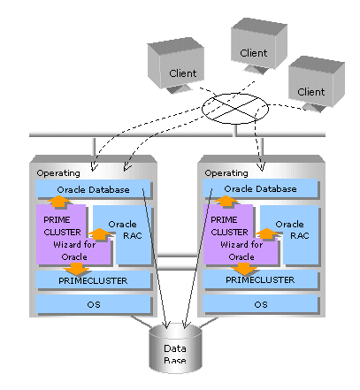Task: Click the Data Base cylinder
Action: tap(175, 348)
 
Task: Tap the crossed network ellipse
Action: tap(235, 109)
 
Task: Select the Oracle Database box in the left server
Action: tap(93, 188)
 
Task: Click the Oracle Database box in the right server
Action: tap(260, 188)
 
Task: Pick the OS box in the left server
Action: tap(93, 304)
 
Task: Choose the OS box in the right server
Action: tap(260, 304)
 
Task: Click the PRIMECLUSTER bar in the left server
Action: tap(93, 280)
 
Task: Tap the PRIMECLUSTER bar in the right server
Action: tap(260, 279)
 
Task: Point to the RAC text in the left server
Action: tap(133, 236)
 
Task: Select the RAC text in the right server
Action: tap(300, 236)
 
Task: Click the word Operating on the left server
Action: tap(58, 173)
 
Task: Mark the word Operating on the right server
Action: tap(226, 173)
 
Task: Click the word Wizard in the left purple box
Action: tap(66, 245)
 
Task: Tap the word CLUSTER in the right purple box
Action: tap(229, 233)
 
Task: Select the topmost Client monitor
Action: tap(259, 45)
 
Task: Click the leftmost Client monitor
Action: tap(176, 65)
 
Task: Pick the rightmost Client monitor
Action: tap(317, 84)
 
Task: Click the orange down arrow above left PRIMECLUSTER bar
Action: tap(76, 269)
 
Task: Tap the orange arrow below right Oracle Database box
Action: tap(226, 201)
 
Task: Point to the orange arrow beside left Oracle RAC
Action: tap(99, 234)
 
